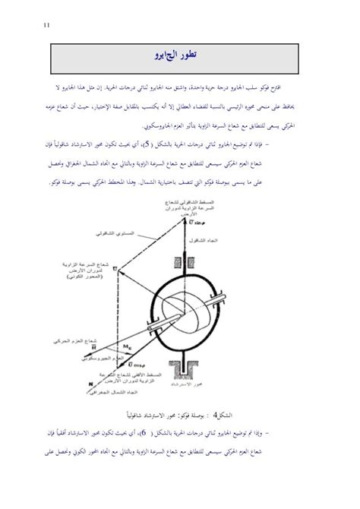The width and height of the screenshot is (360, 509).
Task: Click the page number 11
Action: [46, 24]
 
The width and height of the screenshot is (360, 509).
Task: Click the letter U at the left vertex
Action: [118, 268]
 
